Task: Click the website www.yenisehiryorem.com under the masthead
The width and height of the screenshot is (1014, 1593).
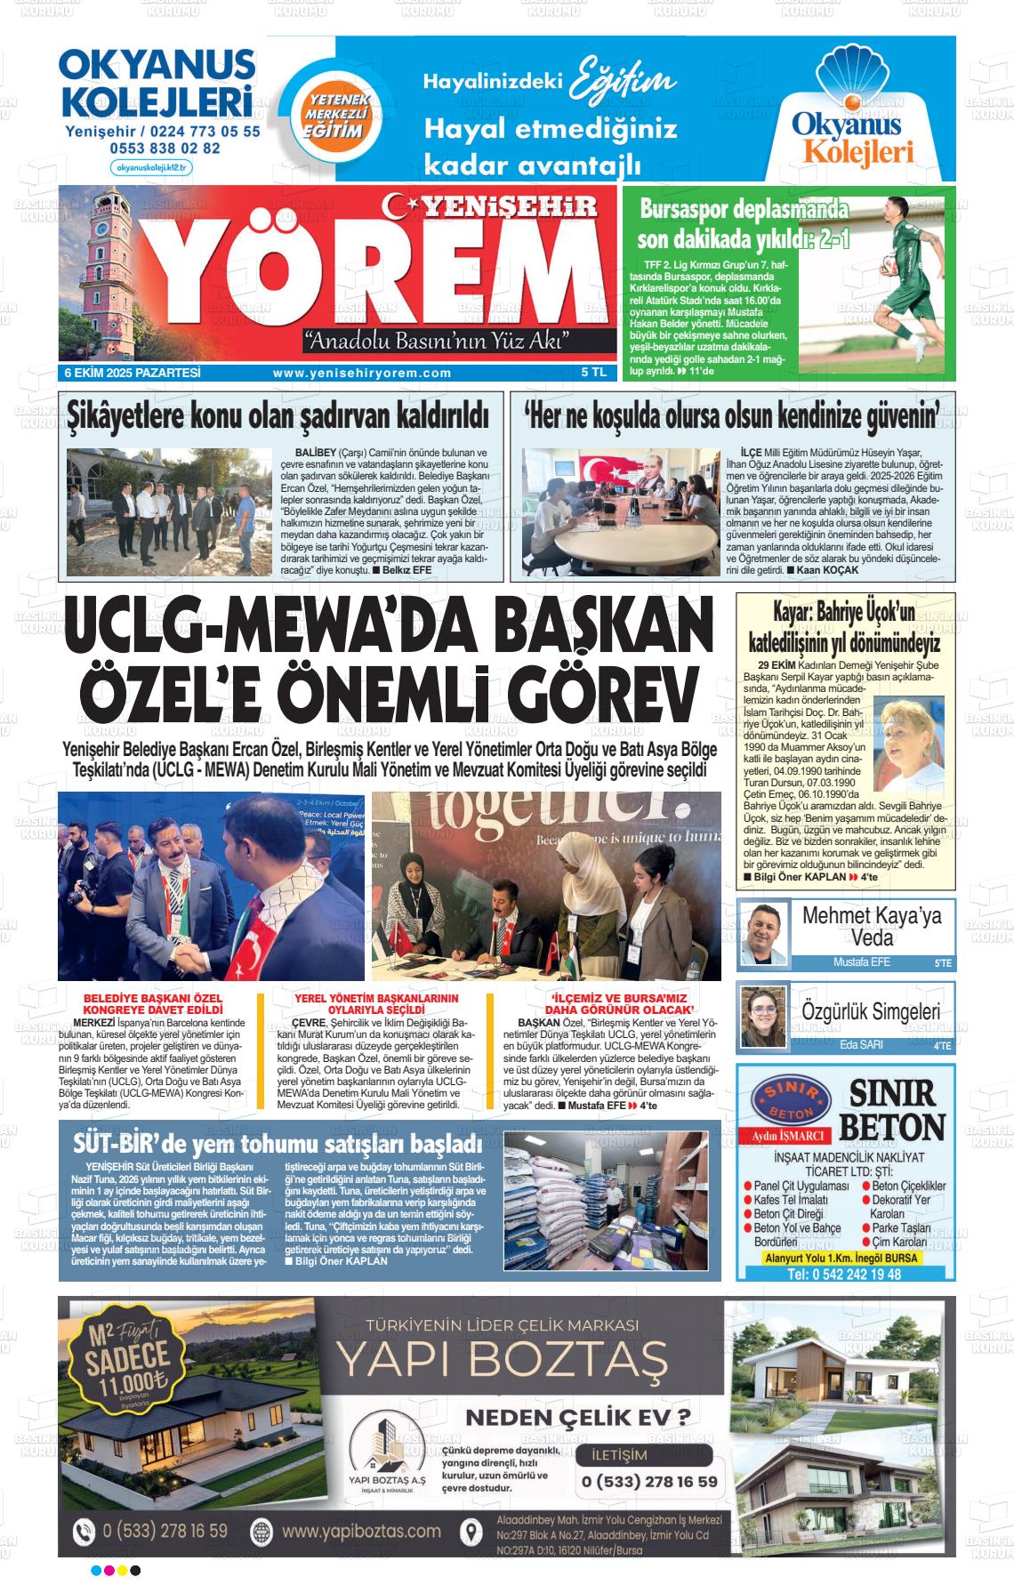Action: pyautogui.click(x=362, y=374)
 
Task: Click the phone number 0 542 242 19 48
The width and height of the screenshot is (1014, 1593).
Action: pyautogui.click(x=844, y=1274)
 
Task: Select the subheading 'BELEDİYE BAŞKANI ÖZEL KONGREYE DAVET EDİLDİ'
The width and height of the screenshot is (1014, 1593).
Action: pyautogui.click(x=153, y=1003)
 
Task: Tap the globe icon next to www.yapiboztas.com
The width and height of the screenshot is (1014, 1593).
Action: pyautogui.click(x=262, y=1531)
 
